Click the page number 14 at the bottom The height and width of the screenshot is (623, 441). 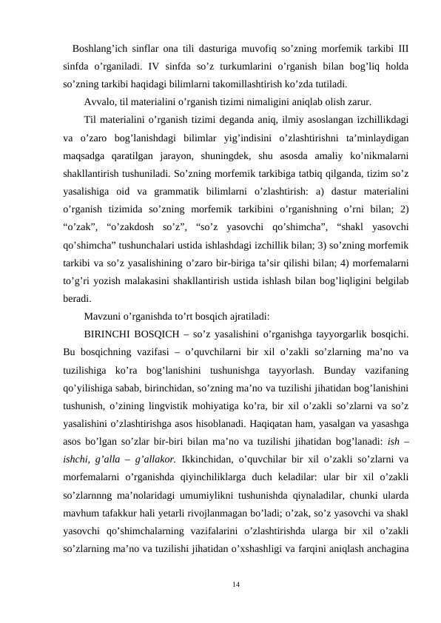[x=235, y=585]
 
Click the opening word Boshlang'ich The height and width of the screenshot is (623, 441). [x=100, y=50]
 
